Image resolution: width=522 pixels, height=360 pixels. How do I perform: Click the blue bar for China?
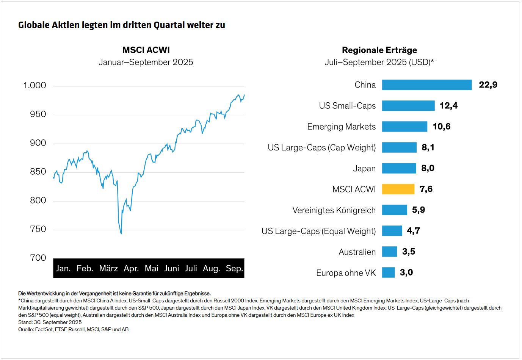pos(426,85)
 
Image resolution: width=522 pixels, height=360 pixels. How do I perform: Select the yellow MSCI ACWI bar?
pos(398,189)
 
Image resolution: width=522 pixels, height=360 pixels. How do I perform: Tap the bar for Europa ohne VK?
pos(388,272)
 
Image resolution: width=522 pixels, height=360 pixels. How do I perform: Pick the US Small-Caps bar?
pos(408,106)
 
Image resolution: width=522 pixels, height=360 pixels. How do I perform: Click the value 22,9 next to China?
pos(488,85)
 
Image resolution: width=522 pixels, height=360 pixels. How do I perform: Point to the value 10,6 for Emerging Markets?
pos(441,127)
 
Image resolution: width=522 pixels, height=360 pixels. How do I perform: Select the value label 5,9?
pos(418,210)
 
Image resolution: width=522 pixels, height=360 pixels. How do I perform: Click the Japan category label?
pos(364,169)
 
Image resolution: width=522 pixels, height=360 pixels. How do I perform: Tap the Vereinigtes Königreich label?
pos(334,210)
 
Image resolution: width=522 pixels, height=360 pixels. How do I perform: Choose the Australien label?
pos(357,252)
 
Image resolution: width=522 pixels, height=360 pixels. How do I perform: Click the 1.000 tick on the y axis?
pos(34,86)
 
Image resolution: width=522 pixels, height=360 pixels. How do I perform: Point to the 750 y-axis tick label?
pos(38,229)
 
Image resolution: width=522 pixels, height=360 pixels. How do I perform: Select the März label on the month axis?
pos(108,269)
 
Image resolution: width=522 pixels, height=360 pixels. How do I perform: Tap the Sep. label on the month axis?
pos(234,269)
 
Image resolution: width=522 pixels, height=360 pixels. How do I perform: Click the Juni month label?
pos(171,269)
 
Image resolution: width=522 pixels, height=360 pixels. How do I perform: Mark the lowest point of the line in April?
pos(121,233)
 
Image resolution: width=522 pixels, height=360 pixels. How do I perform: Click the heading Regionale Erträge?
pos(379,50)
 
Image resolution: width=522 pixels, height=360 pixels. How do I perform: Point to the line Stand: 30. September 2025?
pos(50,322)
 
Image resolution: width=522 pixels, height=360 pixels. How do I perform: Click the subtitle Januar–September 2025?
pos(146,62)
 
